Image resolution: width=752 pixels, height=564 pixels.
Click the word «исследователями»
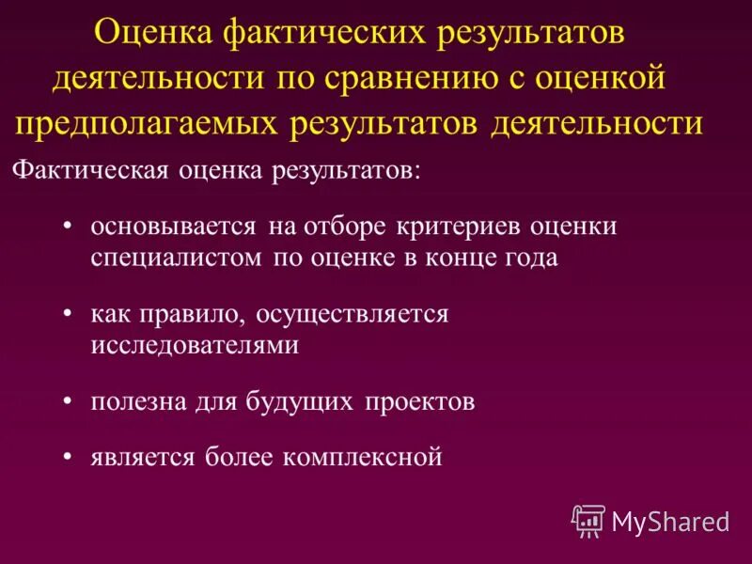coord(195,344)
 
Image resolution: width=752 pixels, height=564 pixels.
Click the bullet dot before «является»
coord(69,458)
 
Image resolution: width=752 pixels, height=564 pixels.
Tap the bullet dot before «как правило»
coord(69,314)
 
